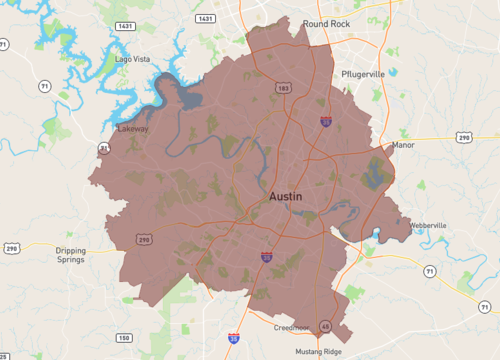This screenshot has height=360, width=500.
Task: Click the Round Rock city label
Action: [330, 22]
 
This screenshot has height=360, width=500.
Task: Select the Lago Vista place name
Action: [133, 59]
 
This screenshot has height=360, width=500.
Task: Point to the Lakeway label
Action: [133, 130]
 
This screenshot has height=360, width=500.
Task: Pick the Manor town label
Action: [403, 145]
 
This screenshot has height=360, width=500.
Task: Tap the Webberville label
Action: [428, 226]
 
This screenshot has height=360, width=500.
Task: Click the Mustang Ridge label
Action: [319, 352]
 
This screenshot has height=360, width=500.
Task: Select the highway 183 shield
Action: [285, 88]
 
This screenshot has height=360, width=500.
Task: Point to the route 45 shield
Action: [325, 326]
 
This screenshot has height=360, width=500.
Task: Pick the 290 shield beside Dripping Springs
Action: [11, 247]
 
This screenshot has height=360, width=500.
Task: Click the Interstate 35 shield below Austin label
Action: [267, 257]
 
